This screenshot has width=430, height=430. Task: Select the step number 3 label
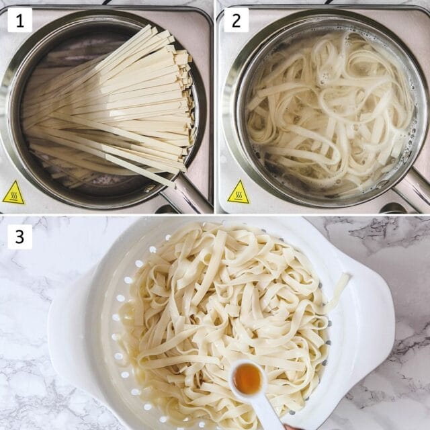click(x=19, y=236)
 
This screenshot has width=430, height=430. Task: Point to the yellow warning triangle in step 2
click(x=238, y=193)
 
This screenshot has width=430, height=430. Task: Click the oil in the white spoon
click(x=247, y=378)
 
